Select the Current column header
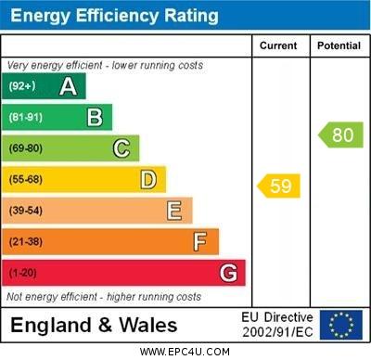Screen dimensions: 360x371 coord(278,45)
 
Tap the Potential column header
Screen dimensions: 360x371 coord(339,45)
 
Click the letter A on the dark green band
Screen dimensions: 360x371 coord(68,86)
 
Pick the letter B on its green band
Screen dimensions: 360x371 coord(95,117)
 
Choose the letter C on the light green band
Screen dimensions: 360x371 coord(122,148)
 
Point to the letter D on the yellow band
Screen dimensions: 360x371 coord(148,179)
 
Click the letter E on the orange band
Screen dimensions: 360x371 coord(174,211)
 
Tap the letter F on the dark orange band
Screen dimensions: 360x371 coord(200,242)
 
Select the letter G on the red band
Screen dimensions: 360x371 coord(228,274)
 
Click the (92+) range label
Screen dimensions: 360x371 coord(22,87)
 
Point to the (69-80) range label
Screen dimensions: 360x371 coord(26,148)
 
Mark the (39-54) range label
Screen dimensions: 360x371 coord(26,211)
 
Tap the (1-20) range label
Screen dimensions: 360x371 coord(23,274)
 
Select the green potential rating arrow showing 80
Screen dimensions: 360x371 coord(340,135)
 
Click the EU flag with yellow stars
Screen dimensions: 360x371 coord(341,325)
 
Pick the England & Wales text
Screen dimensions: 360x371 coord(94,326)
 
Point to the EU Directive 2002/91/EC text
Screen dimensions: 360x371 coord(277,325)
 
